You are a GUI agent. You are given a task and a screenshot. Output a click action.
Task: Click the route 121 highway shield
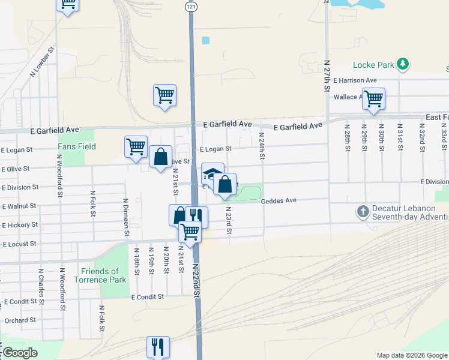[x=190, y=5]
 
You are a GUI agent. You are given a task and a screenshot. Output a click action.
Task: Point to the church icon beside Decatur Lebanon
[x=363, y=212]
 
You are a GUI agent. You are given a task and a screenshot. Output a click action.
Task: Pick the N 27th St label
[x=327, y=75]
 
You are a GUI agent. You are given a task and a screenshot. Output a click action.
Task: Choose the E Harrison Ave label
[x=355, y=80]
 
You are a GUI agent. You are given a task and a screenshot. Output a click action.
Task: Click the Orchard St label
[x=17, y=320]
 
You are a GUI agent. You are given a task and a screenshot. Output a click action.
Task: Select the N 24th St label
[x=262, y=146]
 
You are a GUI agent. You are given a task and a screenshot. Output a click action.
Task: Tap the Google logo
[x=19, y=353]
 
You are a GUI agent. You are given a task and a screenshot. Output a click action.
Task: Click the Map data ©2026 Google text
[x=412, y=355]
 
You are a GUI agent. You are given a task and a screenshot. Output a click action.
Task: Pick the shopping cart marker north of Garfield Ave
[x=164, y=95]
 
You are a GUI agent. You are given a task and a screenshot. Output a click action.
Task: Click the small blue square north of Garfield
[x=206, y=40]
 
